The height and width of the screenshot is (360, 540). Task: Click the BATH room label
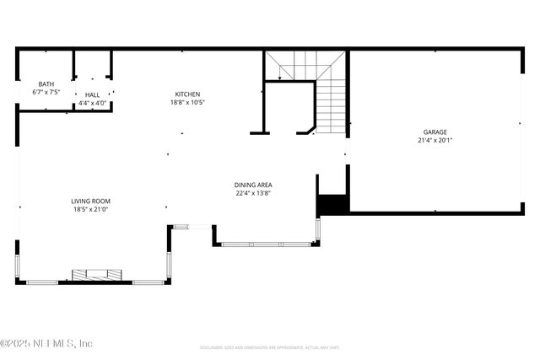click(46, 84)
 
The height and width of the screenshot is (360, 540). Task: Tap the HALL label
click(92, 94)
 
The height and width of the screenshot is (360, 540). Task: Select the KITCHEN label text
click(187, 94)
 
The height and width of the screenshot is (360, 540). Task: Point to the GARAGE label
click(435, 132)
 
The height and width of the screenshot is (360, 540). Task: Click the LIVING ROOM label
click(90, 201)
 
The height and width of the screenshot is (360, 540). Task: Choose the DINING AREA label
click(253, 185)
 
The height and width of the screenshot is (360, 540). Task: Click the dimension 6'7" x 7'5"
click(46, 92)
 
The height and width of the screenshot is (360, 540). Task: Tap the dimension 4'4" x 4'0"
click(92, 103)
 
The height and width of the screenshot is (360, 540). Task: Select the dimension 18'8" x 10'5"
click(187, 102)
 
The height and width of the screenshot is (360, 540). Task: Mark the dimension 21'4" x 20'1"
click(435, 140)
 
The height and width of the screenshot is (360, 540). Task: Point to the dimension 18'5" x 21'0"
click(90, 209)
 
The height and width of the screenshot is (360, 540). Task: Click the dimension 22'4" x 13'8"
click(253, 193)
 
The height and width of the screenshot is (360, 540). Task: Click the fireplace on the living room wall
click(96, 274)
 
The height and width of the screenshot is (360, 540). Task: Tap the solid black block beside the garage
click(332, 204)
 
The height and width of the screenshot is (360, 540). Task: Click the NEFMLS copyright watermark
click(46, 343)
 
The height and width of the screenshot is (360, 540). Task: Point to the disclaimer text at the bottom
click(270, 347)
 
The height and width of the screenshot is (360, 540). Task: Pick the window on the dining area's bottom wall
click(266, 244)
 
